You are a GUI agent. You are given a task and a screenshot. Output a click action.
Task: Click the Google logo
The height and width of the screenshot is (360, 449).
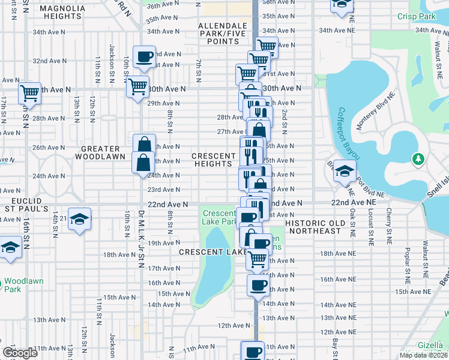point(19,353)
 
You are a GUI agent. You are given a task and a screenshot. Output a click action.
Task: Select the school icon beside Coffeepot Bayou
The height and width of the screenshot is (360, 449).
point(345,172)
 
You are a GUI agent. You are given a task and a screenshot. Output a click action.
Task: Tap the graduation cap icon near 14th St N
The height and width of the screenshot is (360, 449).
point(79,219)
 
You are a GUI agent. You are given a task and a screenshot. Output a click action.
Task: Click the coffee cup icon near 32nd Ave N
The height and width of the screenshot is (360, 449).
point(145,58)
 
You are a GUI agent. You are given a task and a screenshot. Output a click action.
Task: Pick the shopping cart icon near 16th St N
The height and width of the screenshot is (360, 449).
point(29,93)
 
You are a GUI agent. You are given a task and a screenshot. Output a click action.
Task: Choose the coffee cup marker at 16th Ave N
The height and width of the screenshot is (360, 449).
point(258,285)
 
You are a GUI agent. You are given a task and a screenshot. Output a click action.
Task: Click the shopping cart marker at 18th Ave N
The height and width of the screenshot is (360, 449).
point(258,259)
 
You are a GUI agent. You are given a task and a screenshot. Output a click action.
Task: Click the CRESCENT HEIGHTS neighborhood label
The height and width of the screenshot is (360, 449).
point(214,160)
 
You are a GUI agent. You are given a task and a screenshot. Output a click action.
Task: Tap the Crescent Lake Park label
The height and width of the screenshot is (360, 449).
point(219,217)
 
